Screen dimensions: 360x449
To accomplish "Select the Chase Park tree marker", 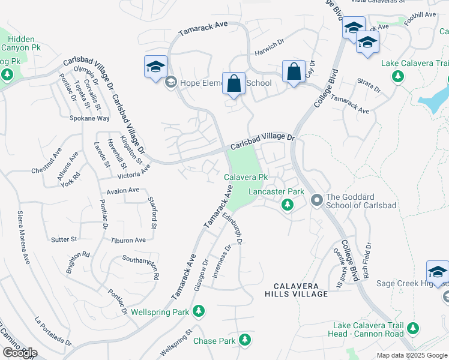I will point(244,340).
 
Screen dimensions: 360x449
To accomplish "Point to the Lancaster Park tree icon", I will point(288,205).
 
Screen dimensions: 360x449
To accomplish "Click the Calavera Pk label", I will point(246,178).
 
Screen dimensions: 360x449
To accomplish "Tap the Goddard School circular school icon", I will point(316,200).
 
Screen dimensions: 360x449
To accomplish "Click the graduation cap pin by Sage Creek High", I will point(437,272).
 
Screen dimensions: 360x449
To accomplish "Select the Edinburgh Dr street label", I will point(232,229).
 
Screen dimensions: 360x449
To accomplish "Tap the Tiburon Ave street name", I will point(128,240).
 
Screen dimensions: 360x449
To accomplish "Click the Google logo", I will point(19,353).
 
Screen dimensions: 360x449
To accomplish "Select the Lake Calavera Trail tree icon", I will point(397,76).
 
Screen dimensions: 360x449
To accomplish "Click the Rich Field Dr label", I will point(366,262).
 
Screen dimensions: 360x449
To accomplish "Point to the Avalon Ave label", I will point(122,191).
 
